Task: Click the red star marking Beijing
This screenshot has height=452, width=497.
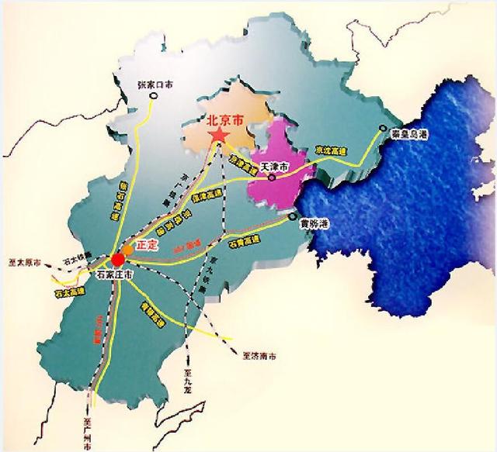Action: tap(219, 136)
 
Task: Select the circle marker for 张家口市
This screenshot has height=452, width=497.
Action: tap(154, 96)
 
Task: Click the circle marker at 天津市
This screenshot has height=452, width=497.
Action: tap(273, 175)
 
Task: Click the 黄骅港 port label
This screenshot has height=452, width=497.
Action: tap(315, 224)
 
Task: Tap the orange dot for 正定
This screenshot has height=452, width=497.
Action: tap(127, 250)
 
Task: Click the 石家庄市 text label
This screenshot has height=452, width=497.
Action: tap(116, 274)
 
